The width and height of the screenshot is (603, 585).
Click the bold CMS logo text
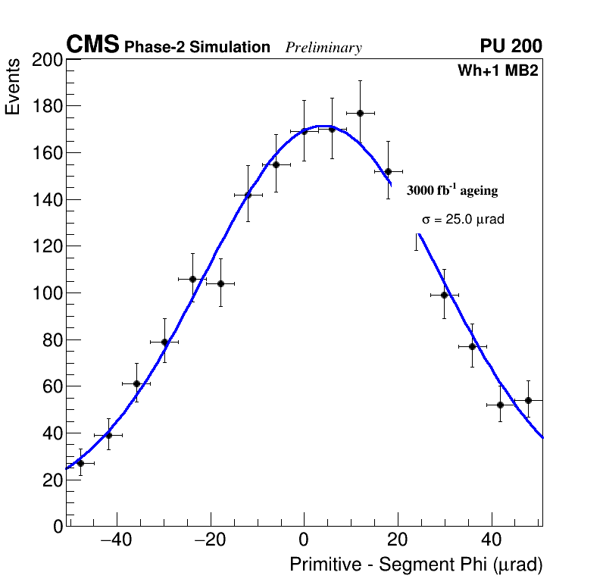pos(92,45)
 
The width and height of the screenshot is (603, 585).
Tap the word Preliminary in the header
pos(323,48)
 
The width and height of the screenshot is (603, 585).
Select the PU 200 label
pos(511,46)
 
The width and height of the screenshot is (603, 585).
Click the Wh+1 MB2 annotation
pos(498,71)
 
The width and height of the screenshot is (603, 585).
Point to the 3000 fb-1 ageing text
pos(452,190)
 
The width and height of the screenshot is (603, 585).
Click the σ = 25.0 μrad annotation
pos(463,220)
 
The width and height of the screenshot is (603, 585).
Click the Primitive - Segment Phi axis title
pos(416,565)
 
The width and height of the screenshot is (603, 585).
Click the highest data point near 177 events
pos(361,113)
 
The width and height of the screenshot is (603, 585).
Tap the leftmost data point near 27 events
pos(80,463)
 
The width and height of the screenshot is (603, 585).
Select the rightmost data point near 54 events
pos(529,400)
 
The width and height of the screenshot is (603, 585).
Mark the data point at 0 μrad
pos(305,131)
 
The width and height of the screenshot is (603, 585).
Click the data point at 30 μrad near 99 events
pos(445,295)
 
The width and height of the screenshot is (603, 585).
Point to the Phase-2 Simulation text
pos(197,48)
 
